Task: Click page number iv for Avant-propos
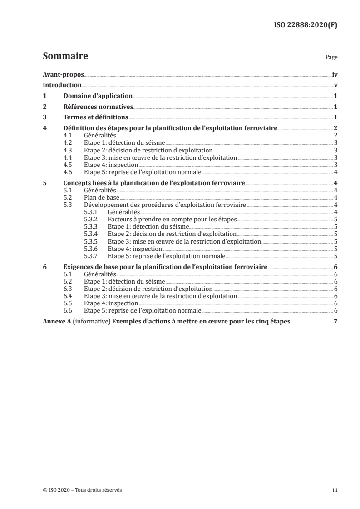pyautogui.click(x=334, y=74)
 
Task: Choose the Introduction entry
pyautogui.click(x=62, y=85)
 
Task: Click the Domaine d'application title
pyautogui.click(x=98, y=96)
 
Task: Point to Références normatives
pyautogui.click(x=98, y=107)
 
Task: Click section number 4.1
pyautogui.click(x=68, y=136)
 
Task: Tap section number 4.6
pyautogui.click(x=68, y=172)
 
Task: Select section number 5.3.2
pyautogui.click(x=91, y=219)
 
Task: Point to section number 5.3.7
pyautogui.click(x=91, y=255)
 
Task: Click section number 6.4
pyautogui.click(x=68, y=296)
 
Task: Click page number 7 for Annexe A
pyautogui.click(x=335, y=322)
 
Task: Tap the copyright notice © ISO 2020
pyautogui.click(x=79, y=490)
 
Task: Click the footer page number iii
pyautogui.click(x=335, y=490)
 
